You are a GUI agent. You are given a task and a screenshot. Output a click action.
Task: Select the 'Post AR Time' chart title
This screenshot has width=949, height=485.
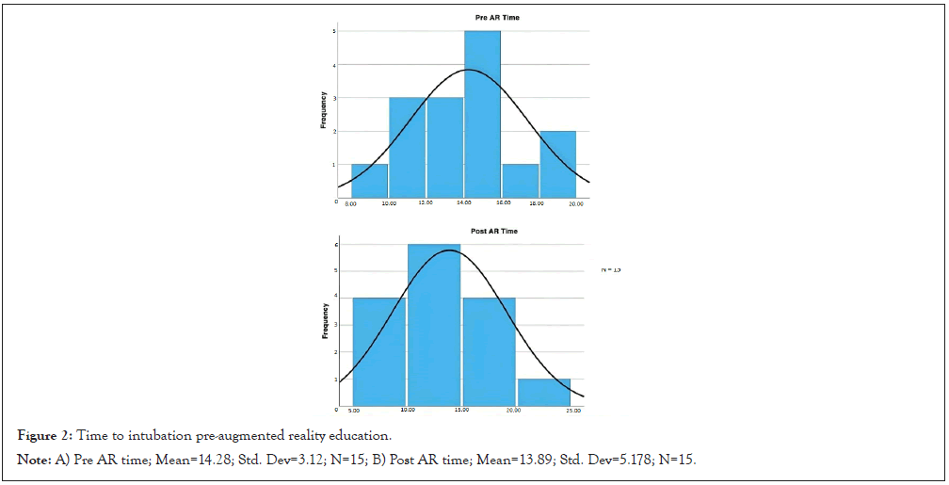pyautogui.click(x=493, y=231)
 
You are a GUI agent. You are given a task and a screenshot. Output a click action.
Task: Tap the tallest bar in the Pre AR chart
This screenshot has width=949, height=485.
pyautogui.click(x=482, y=113)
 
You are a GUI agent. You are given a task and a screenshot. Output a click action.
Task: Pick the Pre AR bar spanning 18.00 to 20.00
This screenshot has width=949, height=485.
pyautogui.click(x=557, y=164)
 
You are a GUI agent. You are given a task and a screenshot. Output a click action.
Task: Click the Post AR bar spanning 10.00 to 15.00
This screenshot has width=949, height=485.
pyautogui.click(x=434, y=325)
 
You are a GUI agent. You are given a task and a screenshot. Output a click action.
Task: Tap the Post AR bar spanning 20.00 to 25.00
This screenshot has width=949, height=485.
pyautogui.click(x=545, y=393)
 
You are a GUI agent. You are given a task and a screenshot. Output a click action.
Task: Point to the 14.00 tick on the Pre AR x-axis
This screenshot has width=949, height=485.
pyautogui.click(x=464, y=203)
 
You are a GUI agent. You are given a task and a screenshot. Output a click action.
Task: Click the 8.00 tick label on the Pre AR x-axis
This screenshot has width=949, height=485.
pyautogui.click(x=350, y=203)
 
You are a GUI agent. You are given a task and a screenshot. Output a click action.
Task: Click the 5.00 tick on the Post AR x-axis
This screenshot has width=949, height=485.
pyautogui.click(x=353, y=412)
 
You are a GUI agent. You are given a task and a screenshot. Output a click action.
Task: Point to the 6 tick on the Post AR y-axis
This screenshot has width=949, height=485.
pyautogui.click(x=336, y=245)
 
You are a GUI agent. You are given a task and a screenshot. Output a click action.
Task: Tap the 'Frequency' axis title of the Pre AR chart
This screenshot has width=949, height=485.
pyautogui.click(x=322, y=109)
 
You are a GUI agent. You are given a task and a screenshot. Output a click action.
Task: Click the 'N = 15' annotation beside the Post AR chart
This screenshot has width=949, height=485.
pyautogui.click(x=611, y=270)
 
